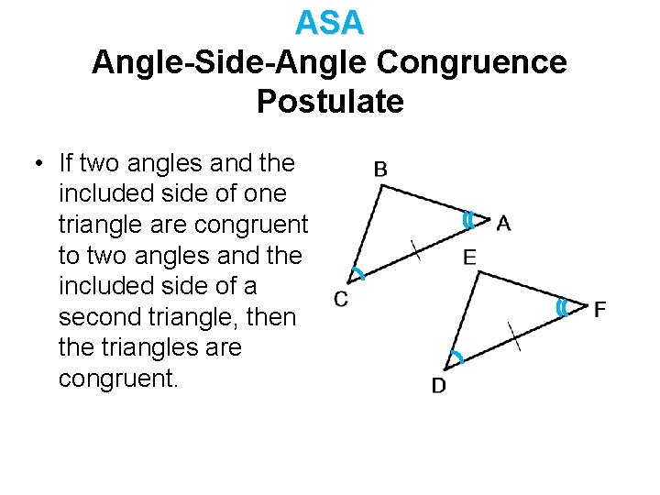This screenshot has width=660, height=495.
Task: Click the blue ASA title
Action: pyautogui.click(x=330, y=22)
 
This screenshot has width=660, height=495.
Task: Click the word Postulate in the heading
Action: pyautogui.click(x=330, y=102)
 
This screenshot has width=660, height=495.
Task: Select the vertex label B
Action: pyautogui.click(x=380, y=169)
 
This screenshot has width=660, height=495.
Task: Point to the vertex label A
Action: pyautogui.click(x=503, y=223)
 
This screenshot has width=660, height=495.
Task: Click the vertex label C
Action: pyautogui.click(x=341, y=299)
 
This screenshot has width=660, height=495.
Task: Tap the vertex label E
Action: pyautogui.click(x=469, y=258)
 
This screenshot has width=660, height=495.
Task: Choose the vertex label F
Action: pyautogui.click(x=599, y=310)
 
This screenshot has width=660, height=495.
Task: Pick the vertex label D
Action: pyautogui.click(x=439, y=386)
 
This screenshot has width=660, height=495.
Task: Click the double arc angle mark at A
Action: pyautogui.click(x=467, y=221)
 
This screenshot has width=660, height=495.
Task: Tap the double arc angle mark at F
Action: pyautogui.click(x=561, y=309)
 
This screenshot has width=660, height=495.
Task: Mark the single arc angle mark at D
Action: pyautogui.click(x=456, y=357)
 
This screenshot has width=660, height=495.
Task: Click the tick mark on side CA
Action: pyautogui.click(x=417, y=247)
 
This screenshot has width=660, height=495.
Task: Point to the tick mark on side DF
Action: pyautogui.click(x=514, y=336)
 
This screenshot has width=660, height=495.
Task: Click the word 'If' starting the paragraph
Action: pyautogui.click(x=67, y=164)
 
